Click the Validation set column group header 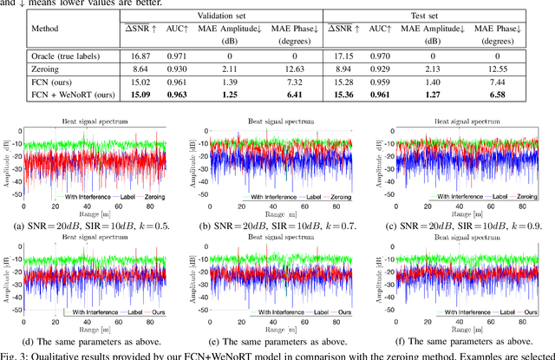(x=220, y=17)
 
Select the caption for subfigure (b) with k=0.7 (x=279, y=226)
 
